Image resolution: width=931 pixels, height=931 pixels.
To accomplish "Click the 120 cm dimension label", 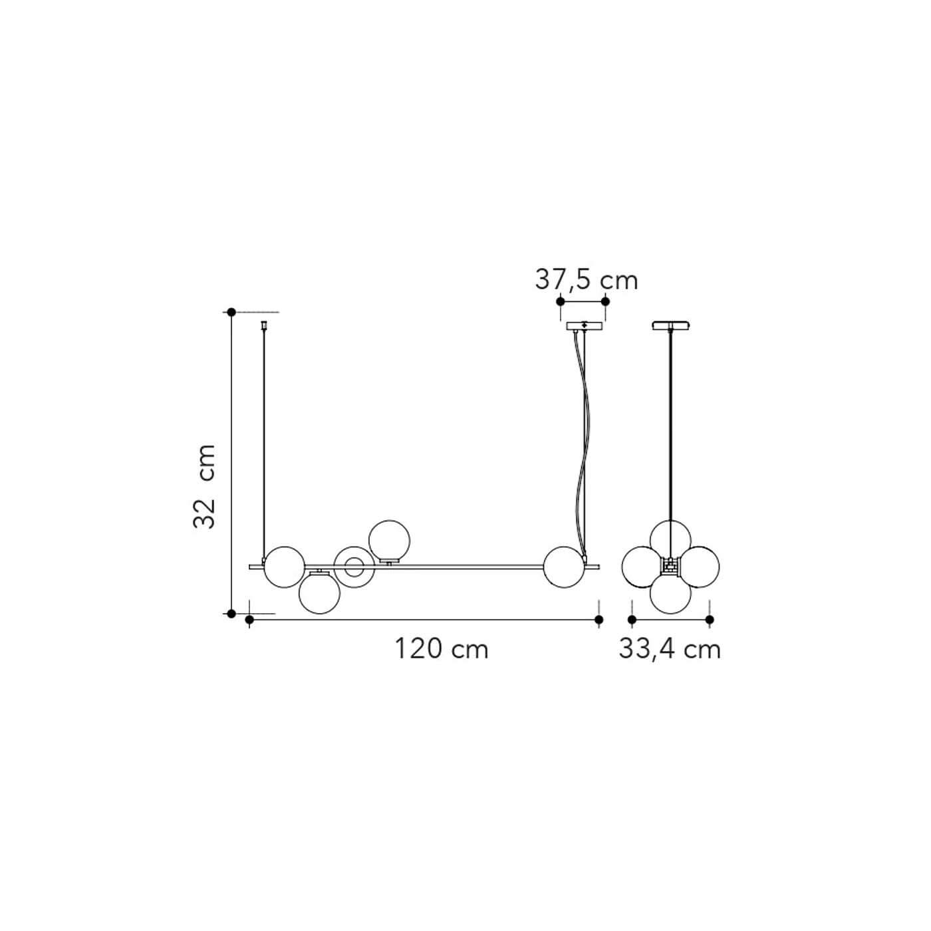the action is pyautogui.click(x=442, y=649).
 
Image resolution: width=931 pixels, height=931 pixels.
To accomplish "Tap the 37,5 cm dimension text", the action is pyautogui.click(x=587, y=280).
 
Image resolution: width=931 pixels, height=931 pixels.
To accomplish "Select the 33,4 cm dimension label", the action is pyautogui.click(x=670, y=649).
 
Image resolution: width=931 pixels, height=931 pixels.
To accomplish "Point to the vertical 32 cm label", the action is pyautogui.click(x=203, y=486).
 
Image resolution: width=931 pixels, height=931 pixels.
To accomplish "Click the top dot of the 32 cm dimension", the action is pyautogui.click(x=231, y=312).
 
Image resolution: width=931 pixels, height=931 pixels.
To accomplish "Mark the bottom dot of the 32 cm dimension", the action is pyautogui.click(x=231, y=614).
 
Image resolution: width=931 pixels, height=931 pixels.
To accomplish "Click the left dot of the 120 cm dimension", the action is pyautogui.click(x=249, y=619).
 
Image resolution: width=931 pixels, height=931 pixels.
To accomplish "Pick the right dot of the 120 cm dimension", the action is pyautogui.click(x=599, y=619).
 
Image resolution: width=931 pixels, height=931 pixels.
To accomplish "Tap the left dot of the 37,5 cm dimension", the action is pyautogui.click(x=561, y=301).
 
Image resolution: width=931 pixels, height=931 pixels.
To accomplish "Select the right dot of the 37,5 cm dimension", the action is pyautogui.click(x=605, y=301).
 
